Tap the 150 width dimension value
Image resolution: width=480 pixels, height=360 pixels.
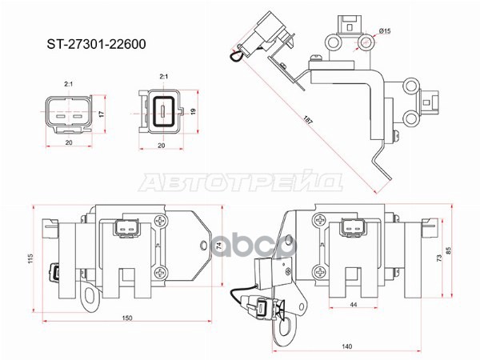127,318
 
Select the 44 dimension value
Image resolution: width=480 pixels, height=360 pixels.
352,304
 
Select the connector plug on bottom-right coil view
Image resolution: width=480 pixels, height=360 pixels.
352,229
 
